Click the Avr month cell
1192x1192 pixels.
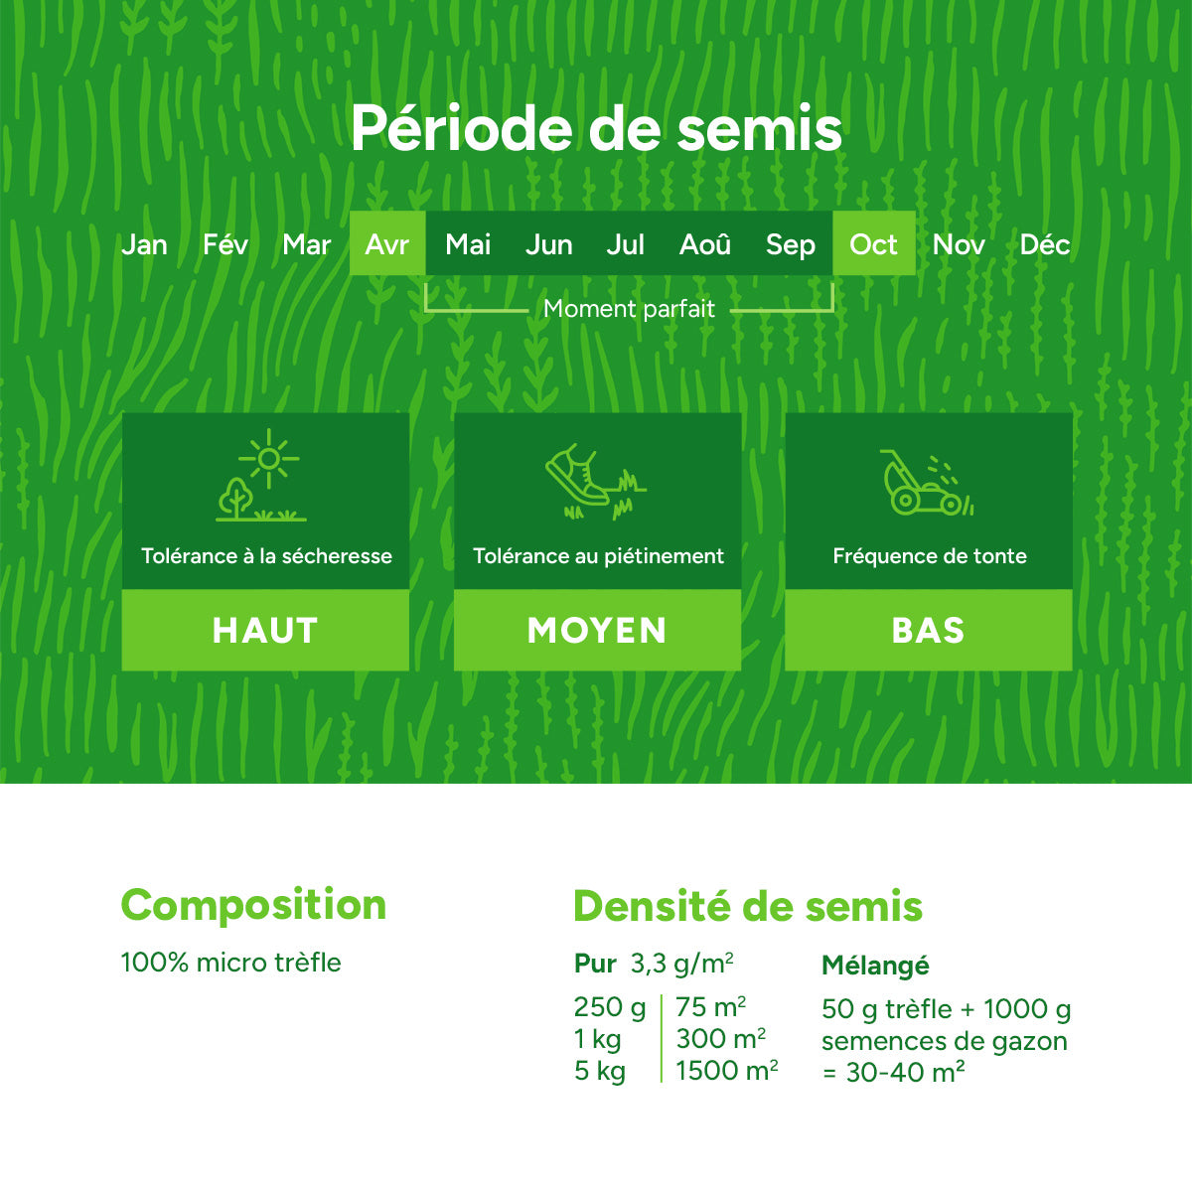click(386, 244)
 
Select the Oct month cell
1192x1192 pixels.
click(873, 244)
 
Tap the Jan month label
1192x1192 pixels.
click(144, 244)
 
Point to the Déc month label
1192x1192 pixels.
click(1044, 244)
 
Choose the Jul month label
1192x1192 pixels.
click(625, 244)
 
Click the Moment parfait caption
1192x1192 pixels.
click(629, 309)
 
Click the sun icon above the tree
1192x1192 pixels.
click(268, 458)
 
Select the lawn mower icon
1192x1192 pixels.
click(914, 484)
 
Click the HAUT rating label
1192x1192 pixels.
click(265, 631)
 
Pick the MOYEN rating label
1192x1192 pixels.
click(597, 631)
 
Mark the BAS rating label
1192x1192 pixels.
click(928, 631)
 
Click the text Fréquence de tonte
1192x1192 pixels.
click(929, 556)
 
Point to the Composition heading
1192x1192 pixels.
click(253, 905)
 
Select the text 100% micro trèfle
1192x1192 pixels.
click(230, 963)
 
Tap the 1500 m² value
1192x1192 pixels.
click(726, 1071)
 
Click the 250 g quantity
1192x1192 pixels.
click(609, 1007)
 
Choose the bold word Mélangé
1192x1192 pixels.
click(875, 966)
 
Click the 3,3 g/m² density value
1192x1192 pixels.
click(681, 964)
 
